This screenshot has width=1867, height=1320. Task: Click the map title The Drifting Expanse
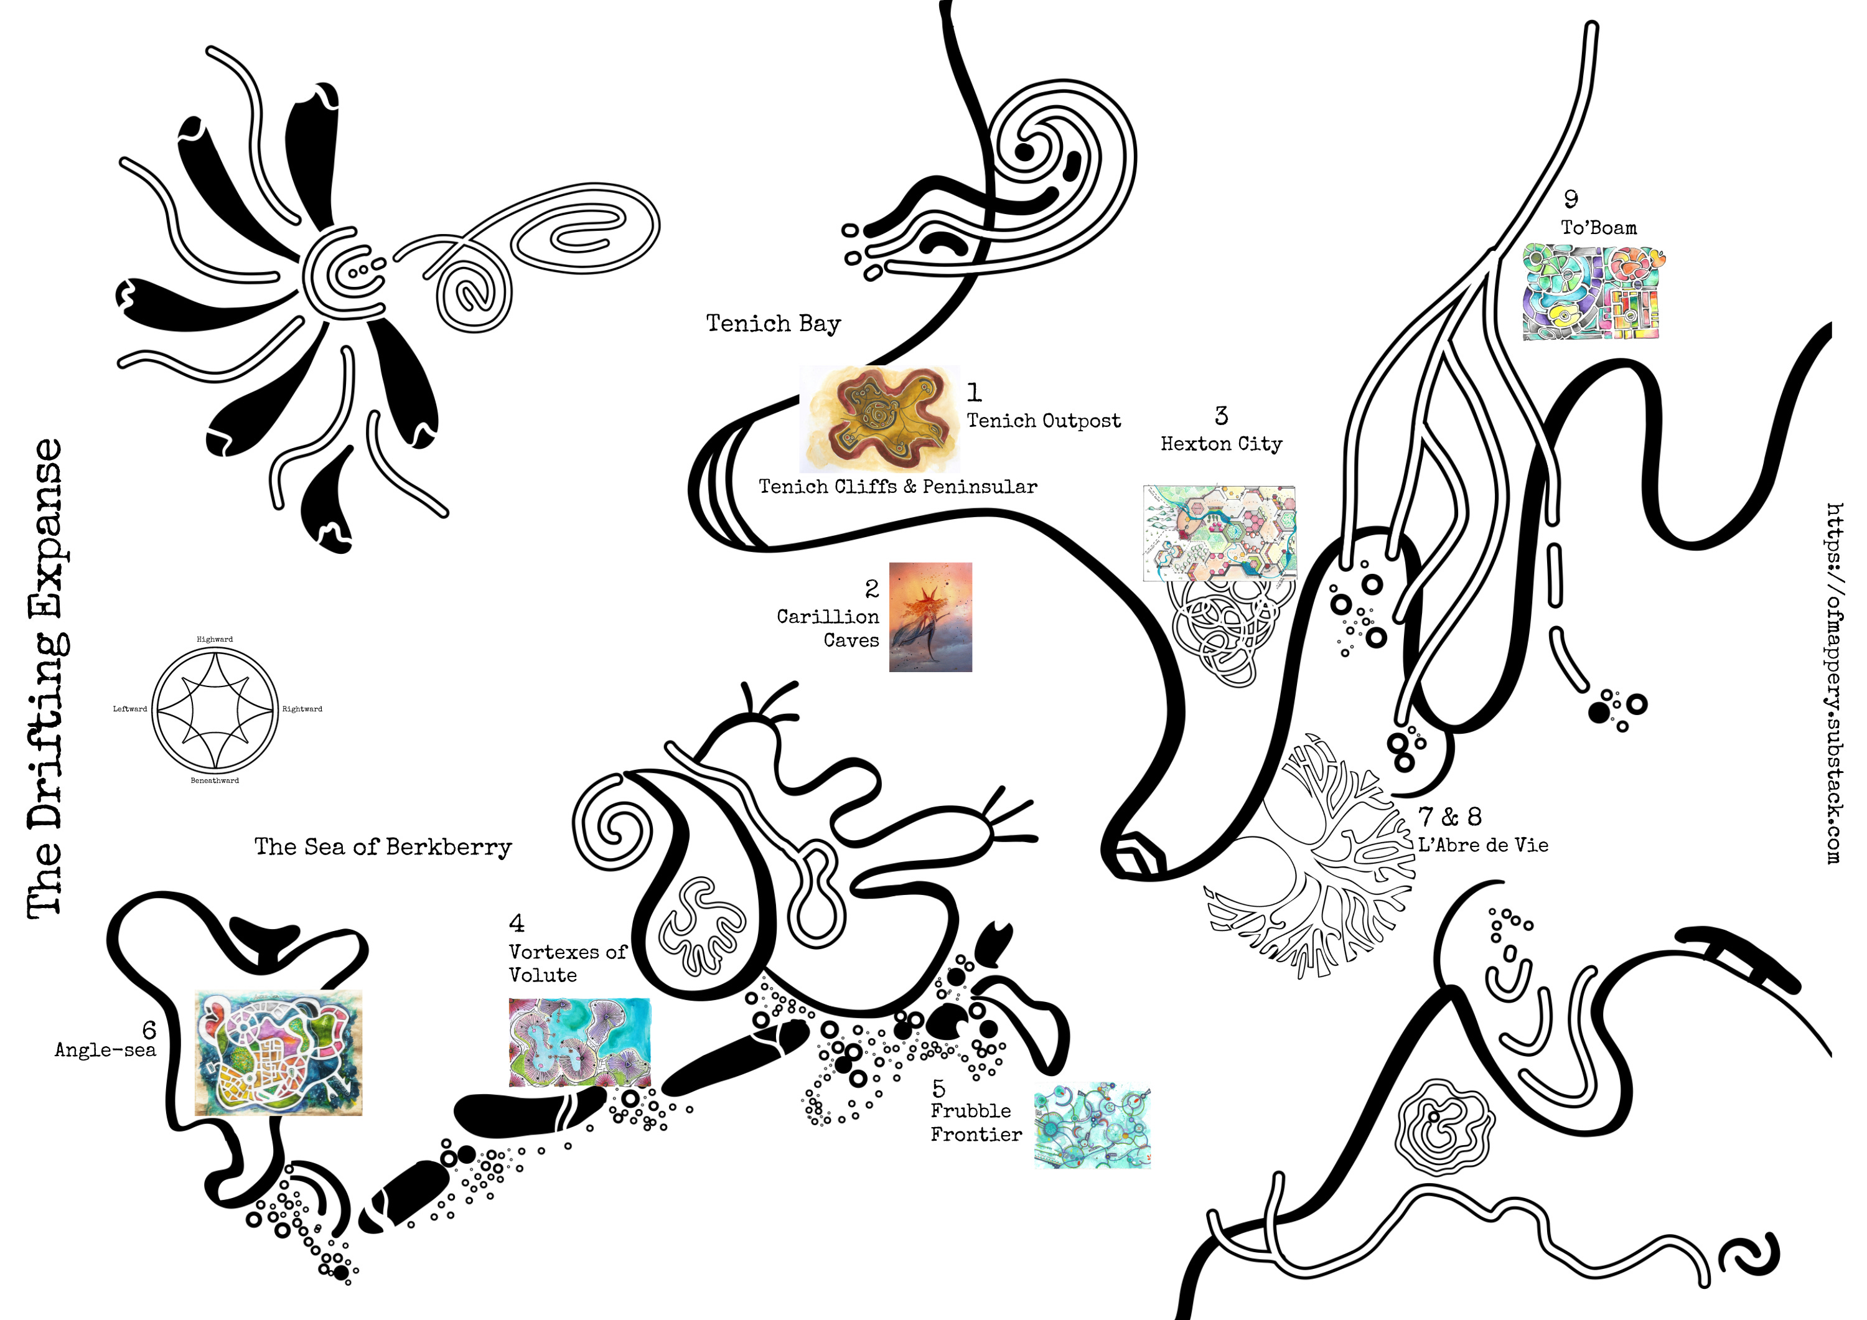coord(46,679)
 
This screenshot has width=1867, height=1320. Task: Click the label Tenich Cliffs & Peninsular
coord(898,486)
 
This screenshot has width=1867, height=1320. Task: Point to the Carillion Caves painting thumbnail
coord(930,617)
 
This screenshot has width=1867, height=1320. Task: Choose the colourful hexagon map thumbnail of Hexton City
coord(1220,533)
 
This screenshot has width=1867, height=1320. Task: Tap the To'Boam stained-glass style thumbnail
coord(1592,291)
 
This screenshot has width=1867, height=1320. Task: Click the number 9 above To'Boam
coord(1570,199)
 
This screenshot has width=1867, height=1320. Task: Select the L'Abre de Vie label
coord(1483,845)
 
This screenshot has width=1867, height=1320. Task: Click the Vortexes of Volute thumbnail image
coord(579,1042)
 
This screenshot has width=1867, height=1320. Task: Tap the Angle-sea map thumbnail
coord(278,1052)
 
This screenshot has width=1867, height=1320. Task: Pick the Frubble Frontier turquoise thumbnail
coord(1092,1126)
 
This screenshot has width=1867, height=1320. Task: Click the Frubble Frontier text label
coord(976,1122)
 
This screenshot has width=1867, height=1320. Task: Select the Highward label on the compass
coord(215,639)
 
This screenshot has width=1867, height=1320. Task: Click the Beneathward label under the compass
coord(215,781)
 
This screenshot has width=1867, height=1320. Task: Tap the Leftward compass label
coord(130,709)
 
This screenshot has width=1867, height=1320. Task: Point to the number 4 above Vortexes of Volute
coord(517,923)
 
